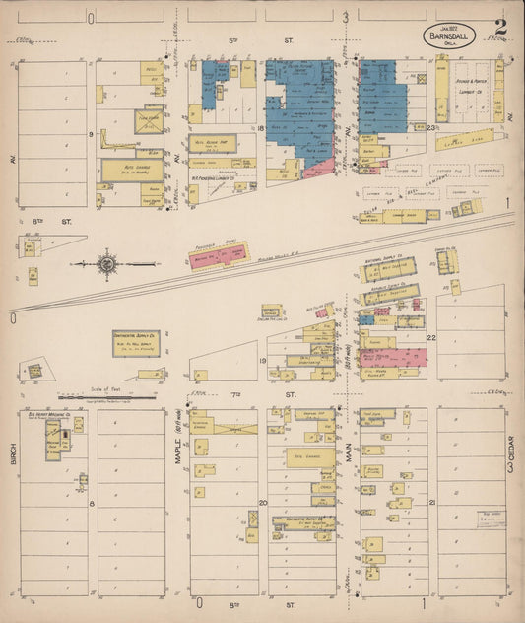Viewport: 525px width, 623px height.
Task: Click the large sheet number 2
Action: (x=501, y=27)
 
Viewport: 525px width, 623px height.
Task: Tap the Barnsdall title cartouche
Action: (x=448, y=36)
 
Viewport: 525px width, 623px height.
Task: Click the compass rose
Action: (x=105, y=264)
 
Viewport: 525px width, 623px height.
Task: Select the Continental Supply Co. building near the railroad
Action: (x=136, y=342)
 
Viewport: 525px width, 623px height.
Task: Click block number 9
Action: (x=90, y=132)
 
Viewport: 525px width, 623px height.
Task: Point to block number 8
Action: (x=91, y=503)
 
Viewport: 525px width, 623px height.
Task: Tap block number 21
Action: (x=432, y=503)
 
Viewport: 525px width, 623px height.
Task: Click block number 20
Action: (x=262, y=503)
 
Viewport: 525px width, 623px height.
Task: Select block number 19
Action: (x=262, y=361)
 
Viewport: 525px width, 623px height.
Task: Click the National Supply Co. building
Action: (x=388, y=268)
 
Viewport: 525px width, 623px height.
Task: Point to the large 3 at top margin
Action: (x=346, y=17)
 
